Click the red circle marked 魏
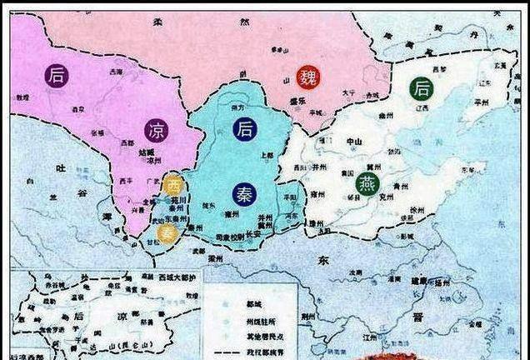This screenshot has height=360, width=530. coord(310,75)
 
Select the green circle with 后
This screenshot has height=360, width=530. coord(420,87)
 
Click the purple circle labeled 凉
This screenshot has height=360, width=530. coord(155,131)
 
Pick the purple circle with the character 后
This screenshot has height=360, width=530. coord(57,75)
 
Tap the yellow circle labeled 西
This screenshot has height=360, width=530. coord(172,185)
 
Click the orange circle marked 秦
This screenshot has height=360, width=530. coord(166,232)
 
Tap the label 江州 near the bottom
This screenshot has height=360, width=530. coord(361,335)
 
